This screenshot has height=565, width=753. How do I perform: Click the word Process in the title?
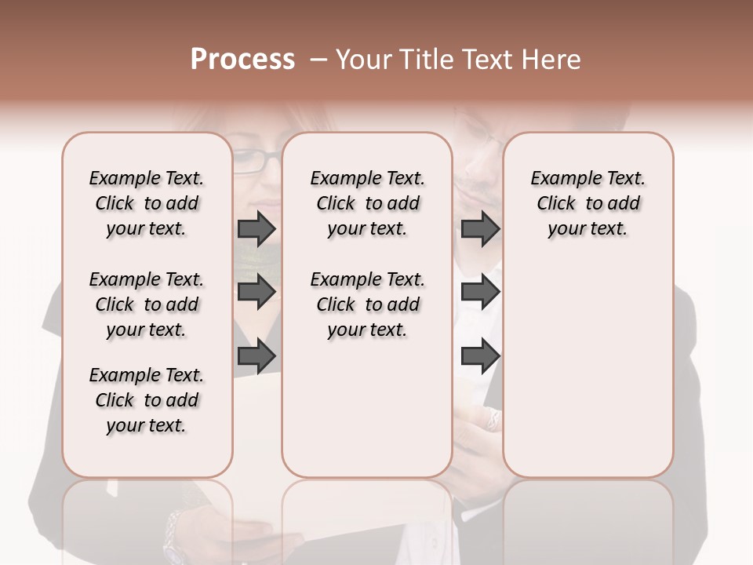tap(242, 60)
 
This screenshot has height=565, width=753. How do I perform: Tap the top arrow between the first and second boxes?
tap(256, 228)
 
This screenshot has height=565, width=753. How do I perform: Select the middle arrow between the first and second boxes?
tap(256, 292)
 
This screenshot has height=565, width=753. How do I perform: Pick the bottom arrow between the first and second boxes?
tap(256, 356)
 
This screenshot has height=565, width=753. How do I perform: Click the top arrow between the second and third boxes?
tap(480, 228)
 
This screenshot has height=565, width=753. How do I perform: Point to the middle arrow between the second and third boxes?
tap(480, 292)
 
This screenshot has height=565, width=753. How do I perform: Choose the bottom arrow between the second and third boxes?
tap(480, 356)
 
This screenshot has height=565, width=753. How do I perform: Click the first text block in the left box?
tap(147, 203)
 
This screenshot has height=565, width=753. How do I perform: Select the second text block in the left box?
tap(147, 304)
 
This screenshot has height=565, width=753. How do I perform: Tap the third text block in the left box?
tap(147, 400)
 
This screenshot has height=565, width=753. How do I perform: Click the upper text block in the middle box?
tap(367, 203)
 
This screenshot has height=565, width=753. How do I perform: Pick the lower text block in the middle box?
tap(367, 304)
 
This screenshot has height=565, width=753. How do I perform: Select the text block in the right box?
tap(587, 203)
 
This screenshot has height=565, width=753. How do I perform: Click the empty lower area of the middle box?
tap(367, 408)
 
